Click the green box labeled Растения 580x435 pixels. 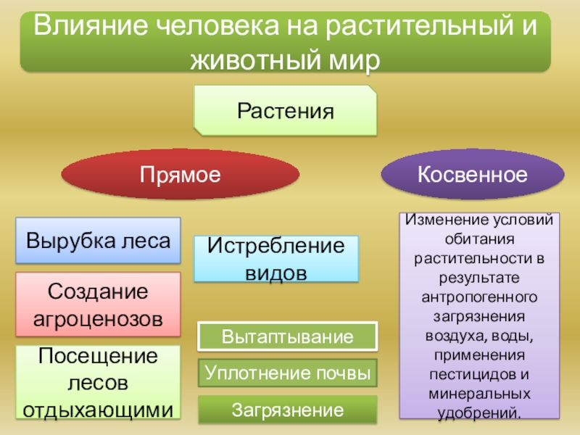coord(285,111)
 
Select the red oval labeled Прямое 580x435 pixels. coord(180,175)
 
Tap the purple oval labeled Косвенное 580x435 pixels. coord(472,175)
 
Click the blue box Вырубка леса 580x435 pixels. coord(99,240)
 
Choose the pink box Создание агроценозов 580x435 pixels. coord(99,304)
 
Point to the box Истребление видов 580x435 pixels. coord(276,259)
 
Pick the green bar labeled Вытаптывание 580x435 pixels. coord(288,337)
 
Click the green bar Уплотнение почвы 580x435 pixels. coord(288,373)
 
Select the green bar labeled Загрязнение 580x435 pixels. coord(288,410)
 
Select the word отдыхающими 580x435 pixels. coord(99,409)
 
